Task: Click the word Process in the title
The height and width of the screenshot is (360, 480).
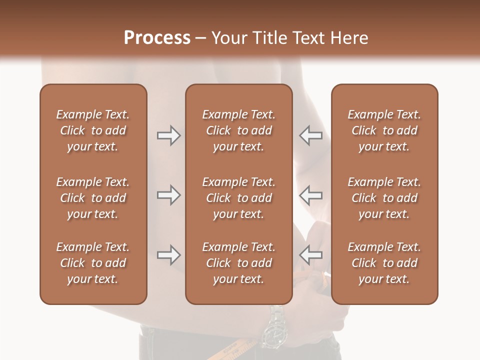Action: click(x=157, y=38)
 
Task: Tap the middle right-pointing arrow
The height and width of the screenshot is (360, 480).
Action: click(x=168, y=195)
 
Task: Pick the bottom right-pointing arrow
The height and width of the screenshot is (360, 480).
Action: click(x=168, y=255)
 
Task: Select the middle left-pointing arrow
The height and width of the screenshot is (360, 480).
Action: click(x=310, y=195)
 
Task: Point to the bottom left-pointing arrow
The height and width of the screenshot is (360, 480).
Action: click(x=310, y=255)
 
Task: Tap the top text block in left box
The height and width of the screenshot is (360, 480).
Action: click(x=93, y=130)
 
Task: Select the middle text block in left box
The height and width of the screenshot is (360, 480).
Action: click(x=93, y=198)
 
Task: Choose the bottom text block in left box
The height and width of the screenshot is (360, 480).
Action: click(x=93, y=263)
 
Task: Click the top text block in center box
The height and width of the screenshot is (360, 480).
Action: click(x=239, y=130)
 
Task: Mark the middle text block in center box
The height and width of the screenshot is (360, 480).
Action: click(x=239, y=198)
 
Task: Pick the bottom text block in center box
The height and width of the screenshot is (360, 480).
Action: click(x=239, y=263)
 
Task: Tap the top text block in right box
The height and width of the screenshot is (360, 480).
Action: click(x=384, y=130)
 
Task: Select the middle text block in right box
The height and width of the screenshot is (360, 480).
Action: click(x=384, y=198)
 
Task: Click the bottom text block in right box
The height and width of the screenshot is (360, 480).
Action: click(x=384, y=263)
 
